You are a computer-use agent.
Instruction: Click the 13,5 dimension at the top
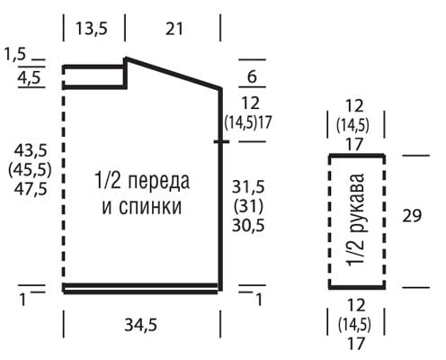point(92,29)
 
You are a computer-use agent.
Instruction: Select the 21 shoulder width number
point(174,29)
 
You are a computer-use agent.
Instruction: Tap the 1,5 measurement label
point(15,55)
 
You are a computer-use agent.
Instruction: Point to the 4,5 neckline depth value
point(29,78)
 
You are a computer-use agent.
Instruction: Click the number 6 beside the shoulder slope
point(252,76)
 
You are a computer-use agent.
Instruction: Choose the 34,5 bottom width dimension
point(141,325)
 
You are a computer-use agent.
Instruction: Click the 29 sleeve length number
point(412,215)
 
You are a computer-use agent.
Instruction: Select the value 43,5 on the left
point(31,150)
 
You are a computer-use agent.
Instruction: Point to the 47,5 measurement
point(31,189)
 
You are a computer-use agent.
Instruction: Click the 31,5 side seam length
point(248,187)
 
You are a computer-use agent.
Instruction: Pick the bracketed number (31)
point(248,206)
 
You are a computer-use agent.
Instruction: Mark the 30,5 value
point(248,225)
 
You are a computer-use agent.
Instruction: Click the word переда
point(159,182)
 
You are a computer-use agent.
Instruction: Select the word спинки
point(150,207)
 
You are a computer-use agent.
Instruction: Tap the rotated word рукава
point(358,203)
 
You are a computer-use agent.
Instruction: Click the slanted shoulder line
point(174,73)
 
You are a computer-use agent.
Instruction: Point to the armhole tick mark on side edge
point(221,141)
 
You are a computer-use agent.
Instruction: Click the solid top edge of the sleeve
point(357,156)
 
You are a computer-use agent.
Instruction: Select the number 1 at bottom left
point(22,300)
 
